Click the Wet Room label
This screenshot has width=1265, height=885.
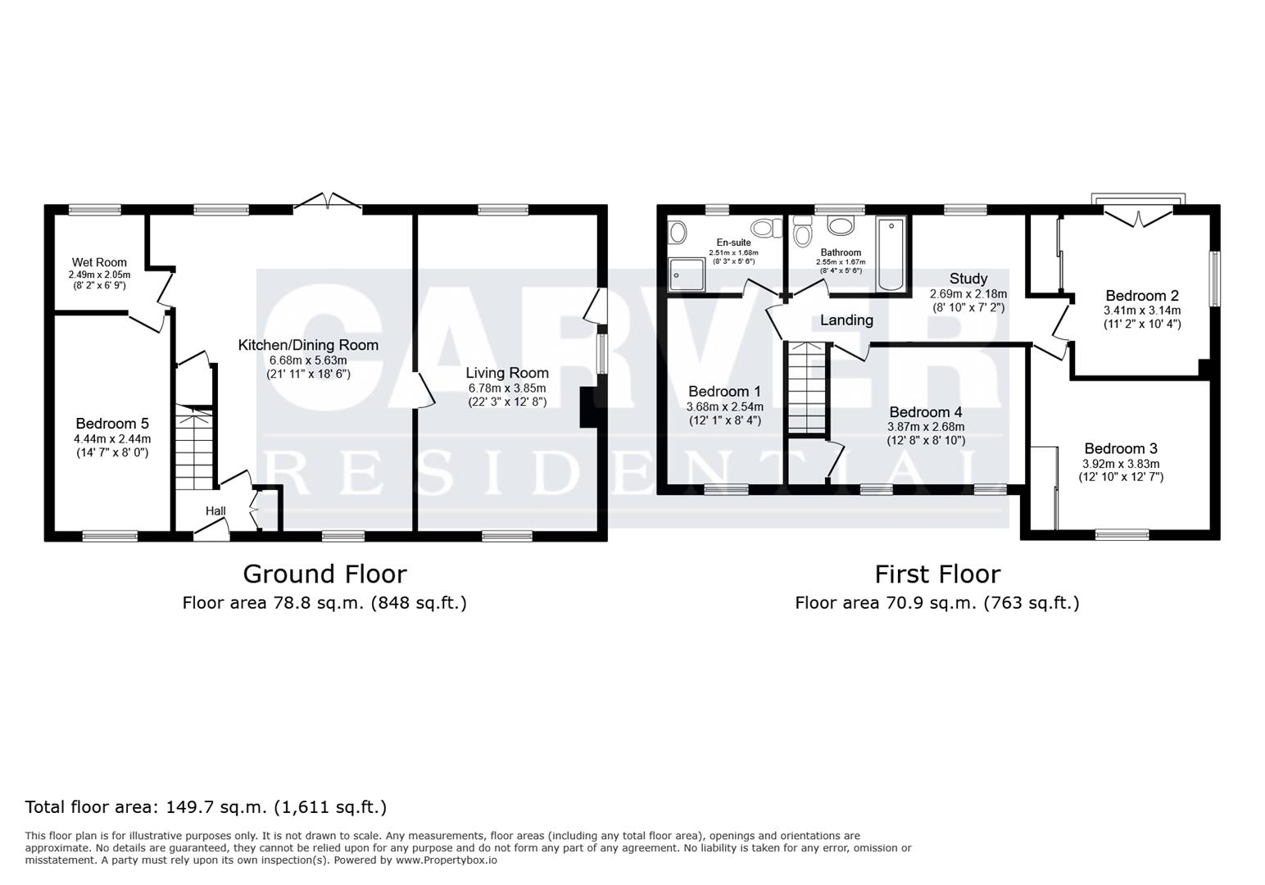(99, 262)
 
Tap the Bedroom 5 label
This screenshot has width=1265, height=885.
(113, 424)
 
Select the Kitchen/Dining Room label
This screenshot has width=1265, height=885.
(308, 345)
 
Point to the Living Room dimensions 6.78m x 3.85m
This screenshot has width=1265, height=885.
(507, 388)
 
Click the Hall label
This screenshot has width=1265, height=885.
(215, 511)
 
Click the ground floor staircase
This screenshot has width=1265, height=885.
(193, 447)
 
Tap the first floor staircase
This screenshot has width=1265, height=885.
(807, 388)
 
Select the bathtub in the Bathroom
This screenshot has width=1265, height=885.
(891, 254)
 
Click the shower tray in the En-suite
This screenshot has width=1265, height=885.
(687, 275)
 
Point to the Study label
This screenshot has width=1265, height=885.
(968, 279)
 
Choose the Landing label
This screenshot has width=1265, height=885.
(846, 320)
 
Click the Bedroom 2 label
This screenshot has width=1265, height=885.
(1142, 296)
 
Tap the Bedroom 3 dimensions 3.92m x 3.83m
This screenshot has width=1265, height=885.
(1121, 465)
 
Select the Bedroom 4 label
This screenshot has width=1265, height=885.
(926, 412)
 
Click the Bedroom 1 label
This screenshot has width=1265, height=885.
(724, 392)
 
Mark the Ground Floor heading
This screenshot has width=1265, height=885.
(324, 574)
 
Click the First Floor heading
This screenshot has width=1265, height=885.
(937, 574)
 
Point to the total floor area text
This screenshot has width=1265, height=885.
(206, 807)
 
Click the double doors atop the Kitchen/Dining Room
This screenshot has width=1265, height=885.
(328, 202)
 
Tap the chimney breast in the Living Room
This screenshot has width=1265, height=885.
(588, 407)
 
